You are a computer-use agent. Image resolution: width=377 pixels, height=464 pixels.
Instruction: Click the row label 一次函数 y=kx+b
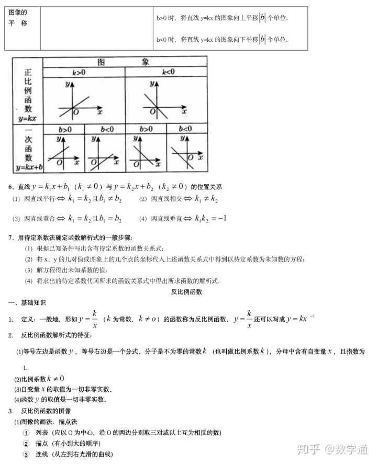(x=28, y=150)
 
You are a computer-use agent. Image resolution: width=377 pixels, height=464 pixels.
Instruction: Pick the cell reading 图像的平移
(x=18, y=18)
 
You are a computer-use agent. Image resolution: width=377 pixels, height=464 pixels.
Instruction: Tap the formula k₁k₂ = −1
(x=210, y=218)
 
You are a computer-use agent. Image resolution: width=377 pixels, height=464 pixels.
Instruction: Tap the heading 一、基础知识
(x=27, y=303)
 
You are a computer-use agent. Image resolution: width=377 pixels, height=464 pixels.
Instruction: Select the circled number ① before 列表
(x=26, y=433)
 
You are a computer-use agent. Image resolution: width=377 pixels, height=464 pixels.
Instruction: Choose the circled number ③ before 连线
(x=26, y=454)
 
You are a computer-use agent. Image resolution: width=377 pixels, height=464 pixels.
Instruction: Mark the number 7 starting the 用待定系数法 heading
(x=10, y=237)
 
